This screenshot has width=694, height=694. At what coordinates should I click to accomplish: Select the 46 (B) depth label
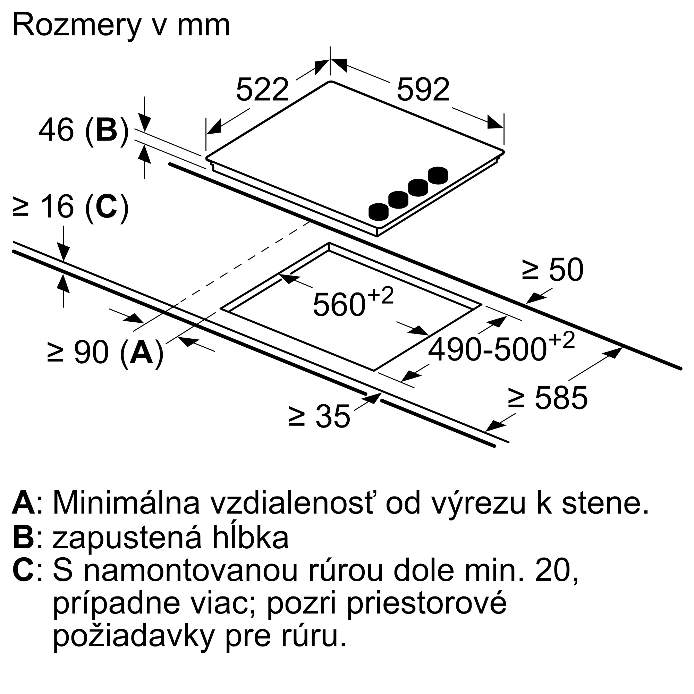tap(83, 130)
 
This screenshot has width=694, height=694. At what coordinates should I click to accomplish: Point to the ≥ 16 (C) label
tap(70, 207)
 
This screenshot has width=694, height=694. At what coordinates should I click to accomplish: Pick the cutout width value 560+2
tap(353, 303)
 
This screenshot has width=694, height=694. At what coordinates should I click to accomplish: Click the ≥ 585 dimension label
tap(548, 398)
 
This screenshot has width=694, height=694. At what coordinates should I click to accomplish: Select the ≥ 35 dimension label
tap(319, 416)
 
